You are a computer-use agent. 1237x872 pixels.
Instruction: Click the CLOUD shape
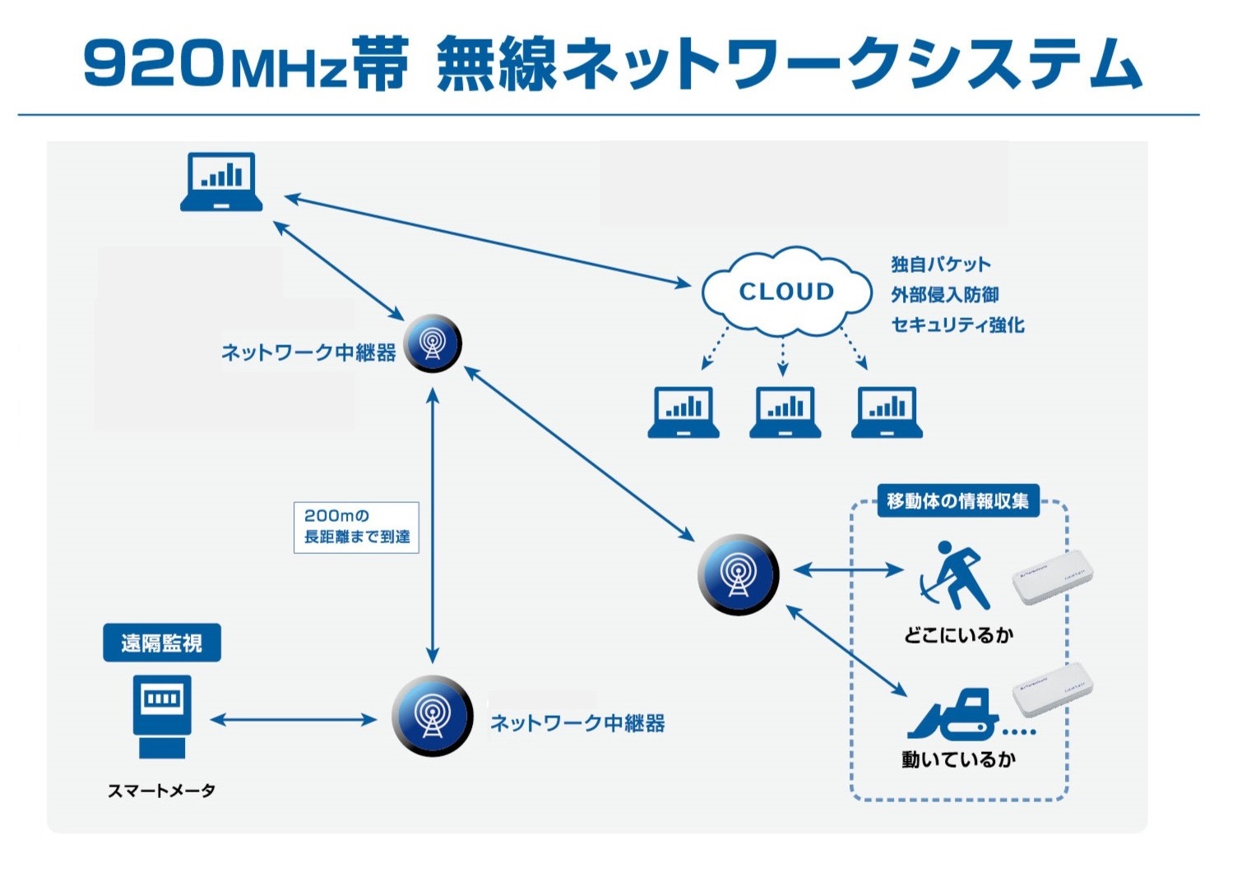[x=785, y=291]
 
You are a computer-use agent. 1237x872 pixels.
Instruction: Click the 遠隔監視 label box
[x=162, y=643]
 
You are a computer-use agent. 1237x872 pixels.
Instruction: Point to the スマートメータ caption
[x=162, y=791]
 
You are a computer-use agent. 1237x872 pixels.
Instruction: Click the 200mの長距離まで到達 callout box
[x=356, y=527]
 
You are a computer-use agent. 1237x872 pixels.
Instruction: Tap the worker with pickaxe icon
[x=954, y=574]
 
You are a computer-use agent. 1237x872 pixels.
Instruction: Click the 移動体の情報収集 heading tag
[x=958, y=501]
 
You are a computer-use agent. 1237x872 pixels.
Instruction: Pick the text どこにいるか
[x=958, y=634]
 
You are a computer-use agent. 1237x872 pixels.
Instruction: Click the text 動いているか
[x=958, y=759]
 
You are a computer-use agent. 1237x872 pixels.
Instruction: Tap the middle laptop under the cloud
[x=785, y=412]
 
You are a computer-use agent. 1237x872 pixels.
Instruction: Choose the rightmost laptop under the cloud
[x=887, y=412]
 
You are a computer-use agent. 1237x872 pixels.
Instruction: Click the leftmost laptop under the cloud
[x=683, y=412]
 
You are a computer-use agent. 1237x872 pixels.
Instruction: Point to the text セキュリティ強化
[x=958, y=325]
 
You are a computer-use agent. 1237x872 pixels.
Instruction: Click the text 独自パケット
[x=941, y=264]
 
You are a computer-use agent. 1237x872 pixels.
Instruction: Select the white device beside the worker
[x=1053, y=576]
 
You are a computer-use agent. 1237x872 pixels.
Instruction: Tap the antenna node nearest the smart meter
[x=432, y=716]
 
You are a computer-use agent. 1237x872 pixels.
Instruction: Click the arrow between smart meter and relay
[x=293, y=720]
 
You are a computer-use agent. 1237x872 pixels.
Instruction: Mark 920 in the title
[x=152, y=64]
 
